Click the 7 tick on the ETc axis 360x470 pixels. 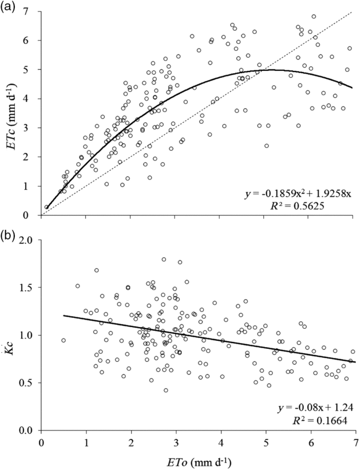31,11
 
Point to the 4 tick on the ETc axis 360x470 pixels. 31,99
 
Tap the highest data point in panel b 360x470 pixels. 164,260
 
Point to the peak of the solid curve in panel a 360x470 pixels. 273,70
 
